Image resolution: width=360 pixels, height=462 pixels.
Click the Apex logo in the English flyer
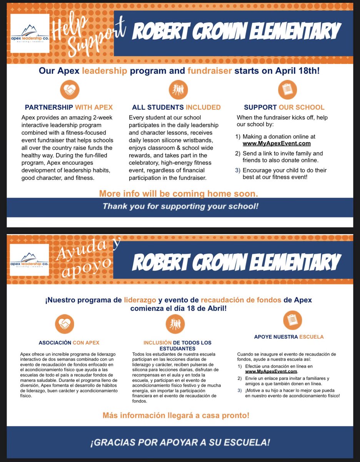click(x=30, y=33)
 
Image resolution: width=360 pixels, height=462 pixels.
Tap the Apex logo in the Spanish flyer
click(x=30, y=260)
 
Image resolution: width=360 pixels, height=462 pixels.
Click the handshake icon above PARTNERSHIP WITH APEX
click(x=69, y=90)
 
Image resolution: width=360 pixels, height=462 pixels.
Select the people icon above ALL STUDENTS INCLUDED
click(x=178, y=90)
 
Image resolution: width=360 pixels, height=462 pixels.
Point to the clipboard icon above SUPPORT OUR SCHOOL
click(x=287, y=90)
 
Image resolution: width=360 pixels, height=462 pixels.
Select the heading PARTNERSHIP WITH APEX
click(x=69, y=107)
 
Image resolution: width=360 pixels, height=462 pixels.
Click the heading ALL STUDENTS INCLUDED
click(x=176, y=107)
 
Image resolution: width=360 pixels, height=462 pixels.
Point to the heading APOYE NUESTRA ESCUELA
click(x=289, y=337)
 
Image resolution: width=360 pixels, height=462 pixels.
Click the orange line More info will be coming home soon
click(x=178, y=193)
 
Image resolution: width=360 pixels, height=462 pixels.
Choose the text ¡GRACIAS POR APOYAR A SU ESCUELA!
click(x=180, y=442)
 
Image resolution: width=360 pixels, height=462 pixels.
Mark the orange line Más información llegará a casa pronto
click(x=176, y=415)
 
